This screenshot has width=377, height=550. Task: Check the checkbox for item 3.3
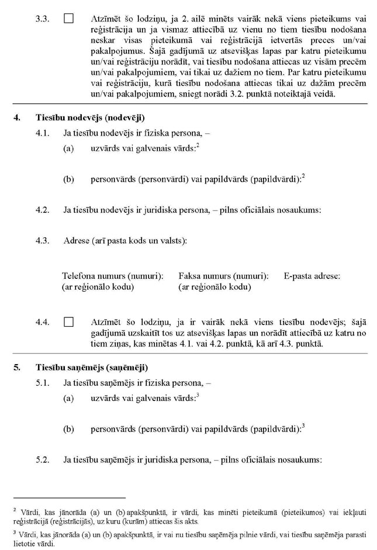point(68,19)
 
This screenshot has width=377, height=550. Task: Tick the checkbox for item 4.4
point(68,321)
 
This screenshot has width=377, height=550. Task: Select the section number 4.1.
point(42,133)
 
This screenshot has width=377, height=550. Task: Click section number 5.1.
point(42,383)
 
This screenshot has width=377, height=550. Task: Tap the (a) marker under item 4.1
point(68,149)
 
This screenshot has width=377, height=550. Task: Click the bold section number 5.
point(17,368)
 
